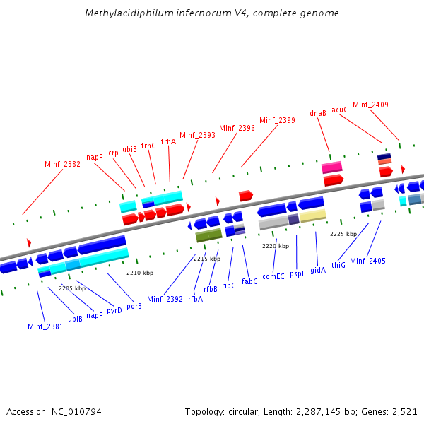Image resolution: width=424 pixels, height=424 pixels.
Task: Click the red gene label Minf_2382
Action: coord(62,164)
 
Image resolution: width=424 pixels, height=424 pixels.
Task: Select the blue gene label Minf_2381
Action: coord(45,326)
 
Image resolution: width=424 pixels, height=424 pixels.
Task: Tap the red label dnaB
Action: coord(318,113)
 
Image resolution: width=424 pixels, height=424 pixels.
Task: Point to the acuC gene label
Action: coord(340,110)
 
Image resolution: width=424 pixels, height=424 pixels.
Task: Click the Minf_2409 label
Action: coord(370,105)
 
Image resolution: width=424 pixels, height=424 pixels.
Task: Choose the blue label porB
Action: coord(134,306)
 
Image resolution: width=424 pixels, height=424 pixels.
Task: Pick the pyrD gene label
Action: coord(114,310)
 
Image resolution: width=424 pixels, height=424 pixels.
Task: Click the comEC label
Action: coord(273,276)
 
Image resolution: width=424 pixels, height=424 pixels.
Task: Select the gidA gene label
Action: coord(318,270)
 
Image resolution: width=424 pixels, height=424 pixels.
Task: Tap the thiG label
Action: coord(338,265)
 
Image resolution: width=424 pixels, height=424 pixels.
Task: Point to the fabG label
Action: coord(249,281)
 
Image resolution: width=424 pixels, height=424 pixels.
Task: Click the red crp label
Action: coord(113,153)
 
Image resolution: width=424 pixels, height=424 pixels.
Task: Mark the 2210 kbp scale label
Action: coord(140,273)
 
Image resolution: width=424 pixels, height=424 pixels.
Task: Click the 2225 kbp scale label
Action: coord(343,234)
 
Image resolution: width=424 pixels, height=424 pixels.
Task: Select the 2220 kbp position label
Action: coord(276,246)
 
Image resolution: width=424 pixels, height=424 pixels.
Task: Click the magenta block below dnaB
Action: coord(332,167)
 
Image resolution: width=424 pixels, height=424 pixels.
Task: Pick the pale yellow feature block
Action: coord(312,216)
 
